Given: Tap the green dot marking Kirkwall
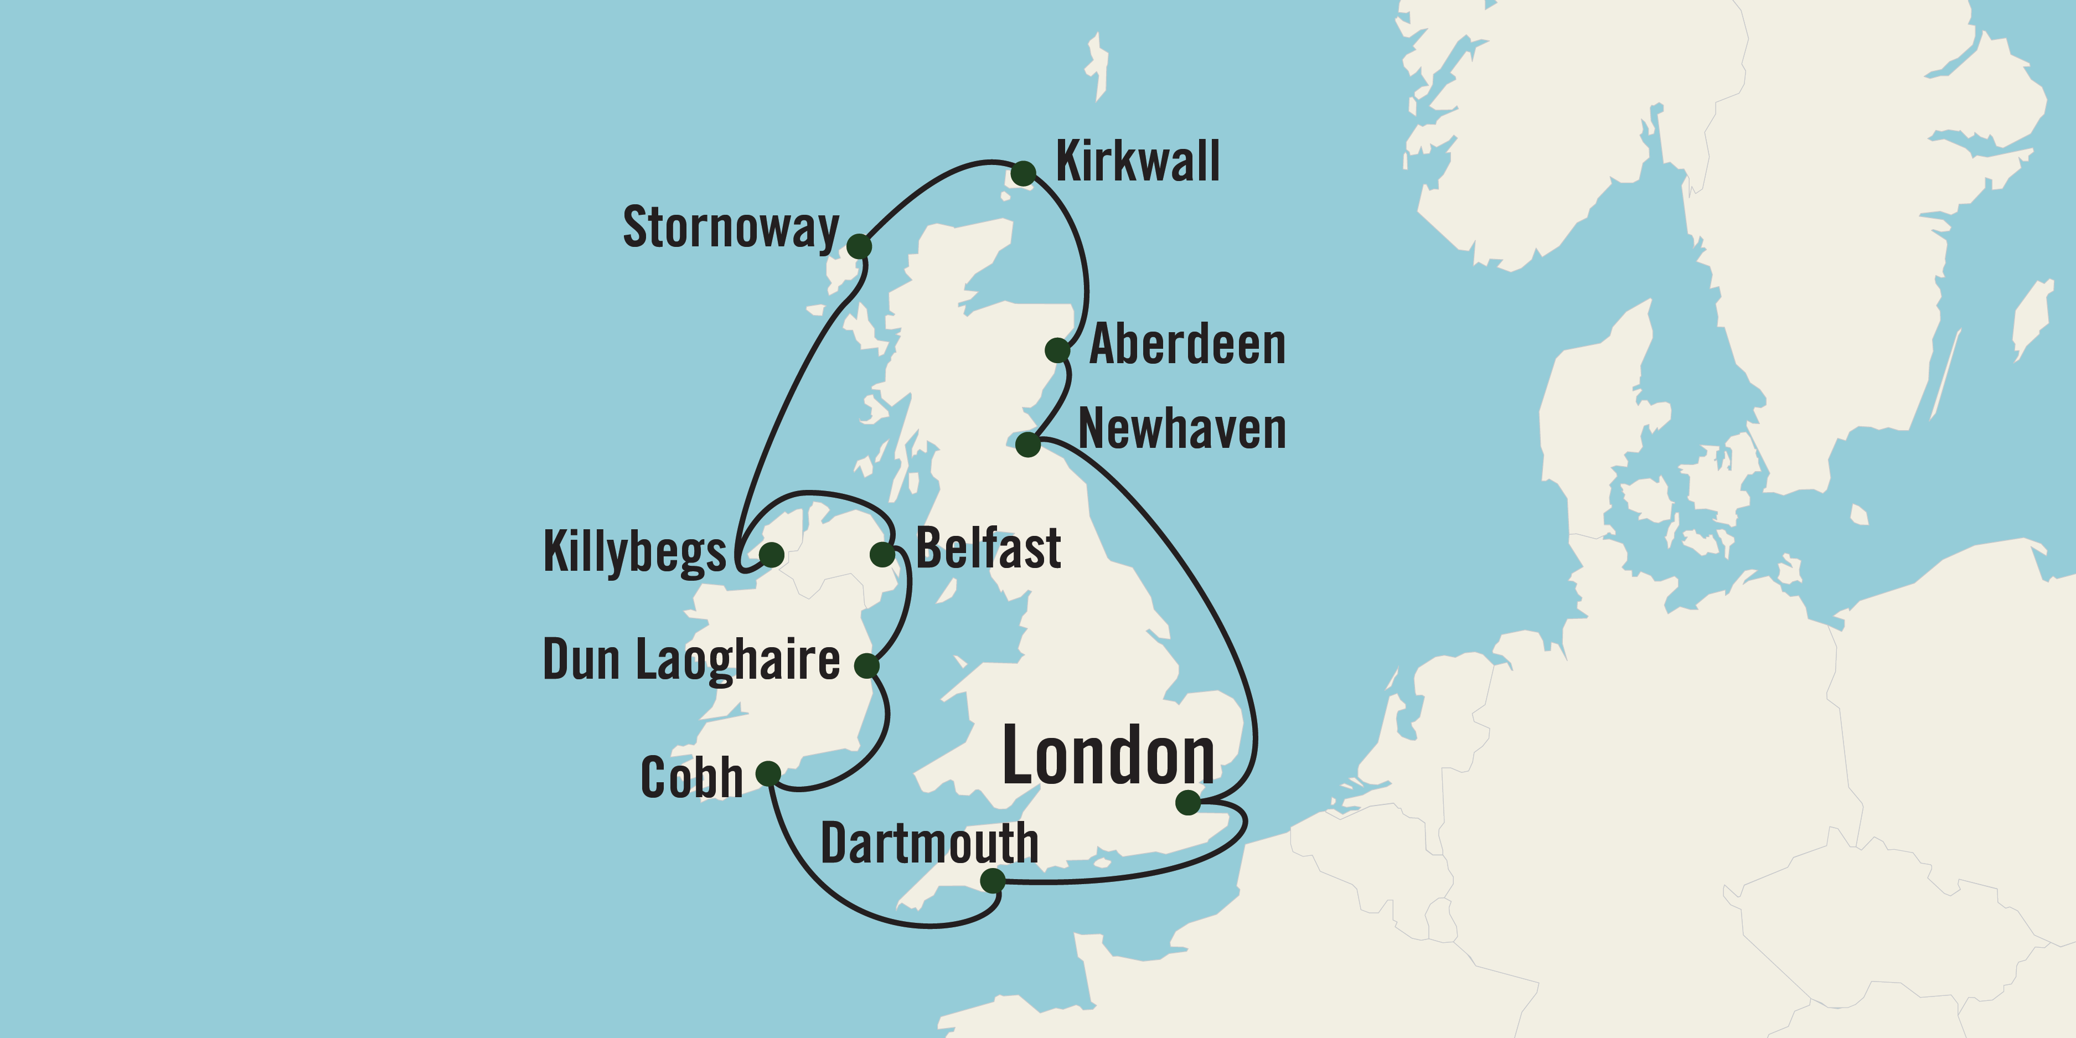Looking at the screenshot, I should click(x=1022, y=173).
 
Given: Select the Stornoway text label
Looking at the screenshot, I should click(x=731, y=228).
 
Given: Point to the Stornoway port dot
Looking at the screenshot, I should click(x=859, y=246).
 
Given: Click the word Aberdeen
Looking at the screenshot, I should click(x=1187, y=345).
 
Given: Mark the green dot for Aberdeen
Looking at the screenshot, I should click(x=1057, y=350).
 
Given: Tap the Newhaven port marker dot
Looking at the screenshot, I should click(x=1027, y=444).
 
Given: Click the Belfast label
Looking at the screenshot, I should click(x=988, y=548).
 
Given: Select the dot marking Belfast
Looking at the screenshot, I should click(x=882, y=554).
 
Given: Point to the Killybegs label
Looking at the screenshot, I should click(x=635, y=553).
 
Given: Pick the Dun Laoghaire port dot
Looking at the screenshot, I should click(x=866, y=665).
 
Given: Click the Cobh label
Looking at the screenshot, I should click(x=691, y=778).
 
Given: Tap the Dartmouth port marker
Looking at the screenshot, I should click(x=992, y=880).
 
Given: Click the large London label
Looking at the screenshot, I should click(x=1108, y=756).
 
